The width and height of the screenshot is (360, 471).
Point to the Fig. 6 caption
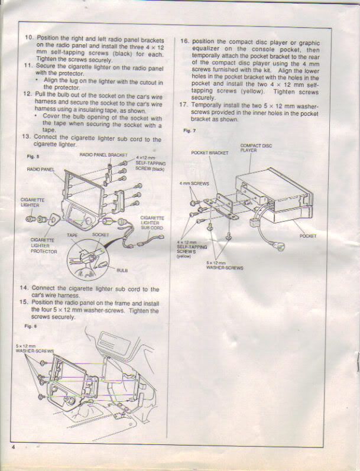coord(31,326)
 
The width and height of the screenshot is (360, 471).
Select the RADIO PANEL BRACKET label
coord(103,155)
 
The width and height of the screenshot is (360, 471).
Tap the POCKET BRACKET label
coord(210,153)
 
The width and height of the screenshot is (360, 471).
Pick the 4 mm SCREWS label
coord(194,183)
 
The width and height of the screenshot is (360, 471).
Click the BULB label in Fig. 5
coord(122,270)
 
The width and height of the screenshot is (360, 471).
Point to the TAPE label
coord(72,235)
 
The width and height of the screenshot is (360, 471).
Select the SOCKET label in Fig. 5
coord(100,235)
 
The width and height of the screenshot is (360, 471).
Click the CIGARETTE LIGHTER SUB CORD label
coord(152,223)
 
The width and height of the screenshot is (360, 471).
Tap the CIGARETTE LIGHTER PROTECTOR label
coord(44,246)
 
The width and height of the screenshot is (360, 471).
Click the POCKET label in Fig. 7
coord(308,236)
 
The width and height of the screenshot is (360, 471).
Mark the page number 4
coord(13,447)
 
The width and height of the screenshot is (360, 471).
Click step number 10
coord(30,38)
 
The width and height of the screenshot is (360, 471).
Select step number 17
coord(183,105)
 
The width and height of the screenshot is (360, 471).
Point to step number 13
coord(27,136)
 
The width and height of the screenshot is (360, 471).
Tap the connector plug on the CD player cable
coord(278,247)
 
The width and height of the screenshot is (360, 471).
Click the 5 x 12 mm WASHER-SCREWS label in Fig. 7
coord(225,265)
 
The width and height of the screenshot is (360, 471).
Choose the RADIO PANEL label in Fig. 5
coord(41,170)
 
